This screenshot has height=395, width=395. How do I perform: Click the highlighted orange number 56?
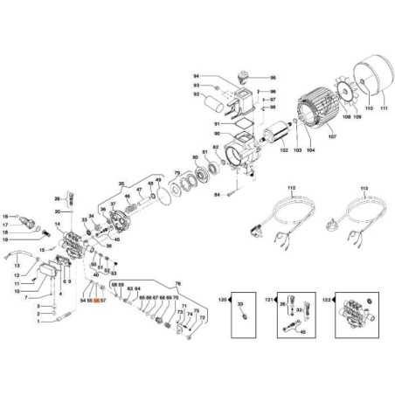pyautogui.click(x=97, y=300)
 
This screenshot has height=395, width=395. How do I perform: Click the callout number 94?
pyautogui.click(x=196, y=77)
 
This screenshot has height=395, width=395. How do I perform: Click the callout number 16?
pyautogui.click(x=4, y=216)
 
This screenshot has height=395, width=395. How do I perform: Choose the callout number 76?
pyautogui.click(x=177, y=285)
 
